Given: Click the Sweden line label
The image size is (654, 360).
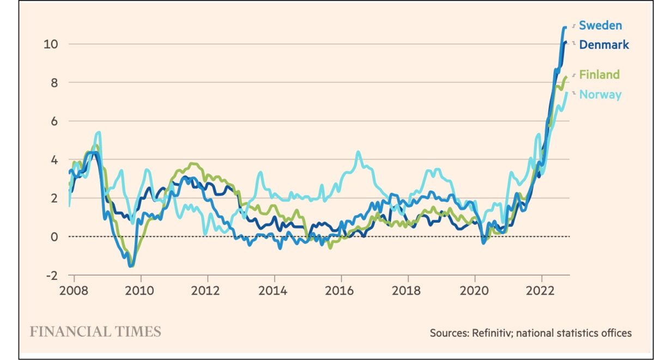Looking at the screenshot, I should [x=600, y=25].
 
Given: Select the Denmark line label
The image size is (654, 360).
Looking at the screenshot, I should [x=604, y=45].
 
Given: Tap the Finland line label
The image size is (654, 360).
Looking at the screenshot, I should [x=599, y=75].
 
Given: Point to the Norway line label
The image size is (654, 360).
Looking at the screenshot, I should [x=600, y=94].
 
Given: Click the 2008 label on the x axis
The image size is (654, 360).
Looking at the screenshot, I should [x=74, y=289].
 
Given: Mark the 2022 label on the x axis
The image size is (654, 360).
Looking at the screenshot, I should [x=541, y=289].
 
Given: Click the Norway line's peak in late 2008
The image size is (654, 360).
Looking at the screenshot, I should [x=98, y=132].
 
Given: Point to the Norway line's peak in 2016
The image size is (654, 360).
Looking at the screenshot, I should [x=358, y=152].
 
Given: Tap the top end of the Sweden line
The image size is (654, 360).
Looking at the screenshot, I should [x=565, y=27].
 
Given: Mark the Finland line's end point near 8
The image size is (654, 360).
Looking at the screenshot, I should [x=566, y=77].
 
